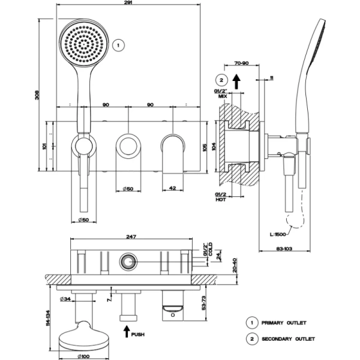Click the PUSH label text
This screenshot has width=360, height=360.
[137, 334]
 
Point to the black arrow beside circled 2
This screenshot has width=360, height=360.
[237, 80]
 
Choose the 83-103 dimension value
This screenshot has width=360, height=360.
[284, 248]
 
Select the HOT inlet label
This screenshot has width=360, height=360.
[221, 200]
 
